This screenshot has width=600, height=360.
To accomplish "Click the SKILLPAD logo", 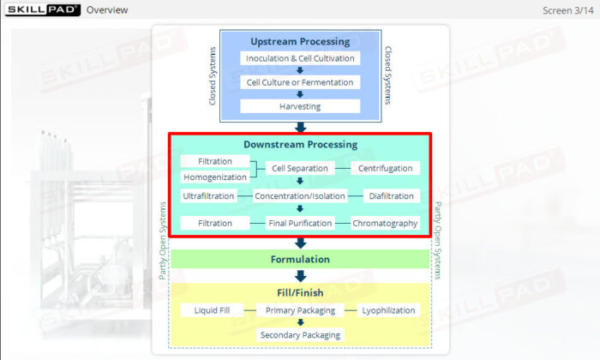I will coord(41,9).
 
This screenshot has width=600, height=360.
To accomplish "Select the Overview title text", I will coord(107,10).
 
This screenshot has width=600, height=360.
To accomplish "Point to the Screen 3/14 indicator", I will coord(568,10).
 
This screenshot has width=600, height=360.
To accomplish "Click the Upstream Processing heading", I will coord(300,41).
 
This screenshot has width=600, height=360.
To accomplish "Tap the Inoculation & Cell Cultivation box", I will coord(300,58).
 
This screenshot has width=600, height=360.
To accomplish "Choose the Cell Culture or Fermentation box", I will coord(300,82).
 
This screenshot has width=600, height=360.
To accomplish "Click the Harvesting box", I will coord(300,106).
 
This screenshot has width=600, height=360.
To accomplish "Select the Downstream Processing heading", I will coord(300,144).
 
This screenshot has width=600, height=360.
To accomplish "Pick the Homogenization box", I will coord(215,177).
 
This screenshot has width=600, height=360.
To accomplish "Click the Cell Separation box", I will coord(300,168).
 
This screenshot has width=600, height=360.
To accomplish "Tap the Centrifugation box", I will coord(385,168).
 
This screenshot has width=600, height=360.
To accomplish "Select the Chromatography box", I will coord(385,224).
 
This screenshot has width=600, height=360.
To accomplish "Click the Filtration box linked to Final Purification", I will coord(215,224).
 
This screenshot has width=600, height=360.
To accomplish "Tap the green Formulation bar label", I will coord(300,259).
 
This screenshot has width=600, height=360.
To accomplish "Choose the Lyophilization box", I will coord(387,310).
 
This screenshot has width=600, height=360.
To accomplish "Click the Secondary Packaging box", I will coord(300,334).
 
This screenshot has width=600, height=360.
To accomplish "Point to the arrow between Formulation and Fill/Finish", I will coord(300,276).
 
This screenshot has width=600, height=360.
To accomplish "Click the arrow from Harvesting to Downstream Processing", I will coord(300,127).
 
